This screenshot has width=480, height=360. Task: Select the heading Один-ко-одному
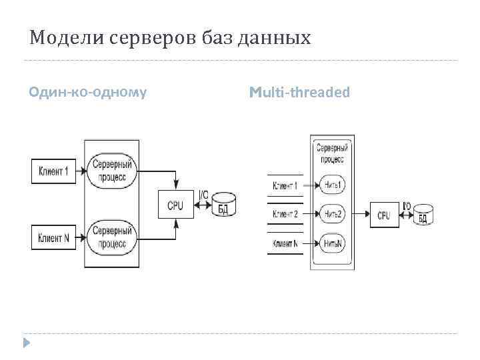88,92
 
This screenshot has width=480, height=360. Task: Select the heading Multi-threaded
299,92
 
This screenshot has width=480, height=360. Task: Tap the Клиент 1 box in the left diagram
54,171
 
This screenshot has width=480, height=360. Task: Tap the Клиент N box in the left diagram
54,237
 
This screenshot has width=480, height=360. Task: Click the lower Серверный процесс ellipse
111,237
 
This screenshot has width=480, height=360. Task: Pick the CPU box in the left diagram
175,205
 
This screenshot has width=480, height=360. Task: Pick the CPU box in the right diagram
384,215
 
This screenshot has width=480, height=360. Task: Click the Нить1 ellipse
332,185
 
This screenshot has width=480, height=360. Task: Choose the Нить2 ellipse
332,214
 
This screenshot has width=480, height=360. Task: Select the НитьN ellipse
332,243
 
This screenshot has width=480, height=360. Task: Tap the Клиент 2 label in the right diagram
285,214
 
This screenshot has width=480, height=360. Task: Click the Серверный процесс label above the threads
331,153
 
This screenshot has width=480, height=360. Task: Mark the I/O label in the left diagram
203,195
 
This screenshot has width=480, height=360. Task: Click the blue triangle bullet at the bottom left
26,343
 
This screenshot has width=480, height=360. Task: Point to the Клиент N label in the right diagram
285,243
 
